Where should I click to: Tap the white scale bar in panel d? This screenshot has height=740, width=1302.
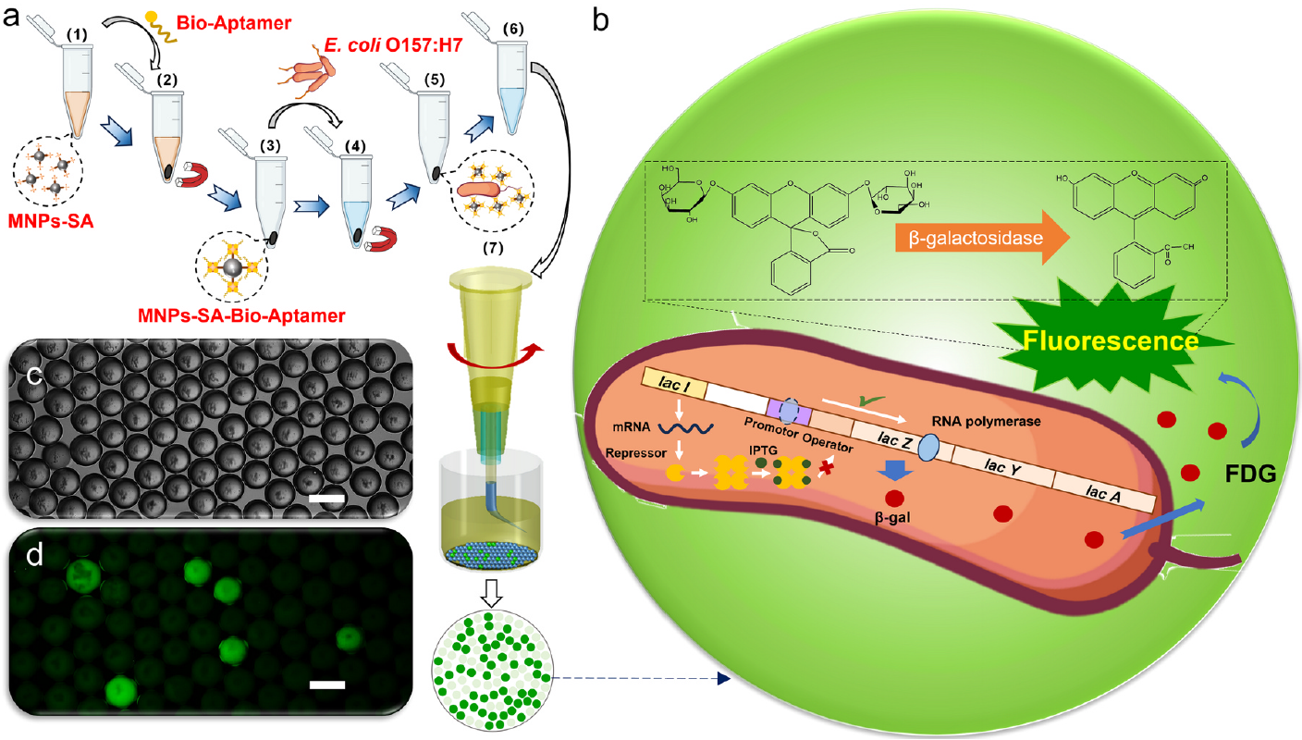tap(327, 684)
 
